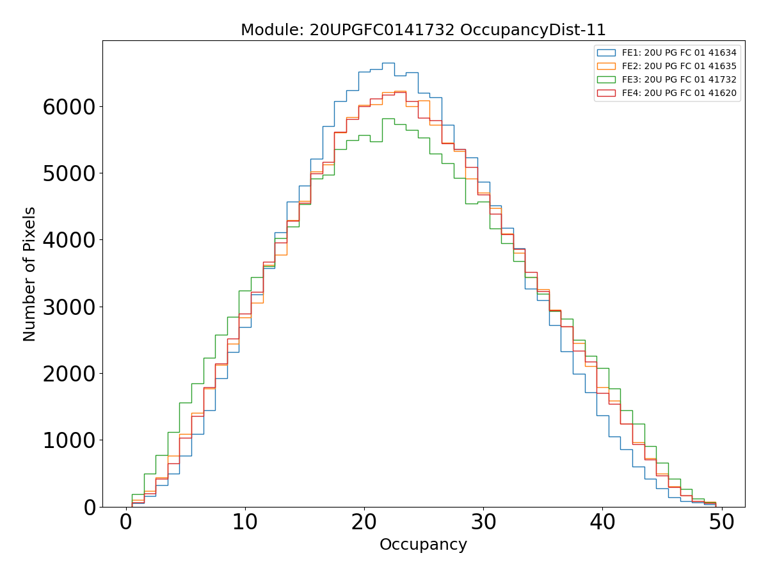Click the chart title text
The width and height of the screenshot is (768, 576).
423,30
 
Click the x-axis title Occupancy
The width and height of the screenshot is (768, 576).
423,545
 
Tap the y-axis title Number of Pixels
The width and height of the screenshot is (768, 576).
29,274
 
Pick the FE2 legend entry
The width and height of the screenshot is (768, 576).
679,66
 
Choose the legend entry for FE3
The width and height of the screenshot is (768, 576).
679,79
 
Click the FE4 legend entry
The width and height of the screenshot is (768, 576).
679,93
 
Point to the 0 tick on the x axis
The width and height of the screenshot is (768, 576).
126,523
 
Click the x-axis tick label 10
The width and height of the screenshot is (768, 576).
245,523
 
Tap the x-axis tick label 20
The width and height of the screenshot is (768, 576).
364,523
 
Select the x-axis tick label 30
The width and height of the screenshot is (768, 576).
483,523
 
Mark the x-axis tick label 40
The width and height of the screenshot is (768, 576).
602,523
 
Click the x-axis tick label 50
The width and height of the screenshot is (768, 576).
721,523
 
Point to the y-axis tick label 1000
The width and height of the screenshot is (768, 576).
69,440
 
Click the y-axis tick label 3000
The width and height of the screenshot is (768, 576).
69,307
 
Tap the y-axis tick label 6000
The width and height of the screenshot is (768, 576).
69,106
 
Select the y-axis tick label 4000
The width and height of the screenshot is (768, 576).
69,240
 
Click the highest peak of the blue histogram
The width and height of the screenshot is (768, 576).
388,63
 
